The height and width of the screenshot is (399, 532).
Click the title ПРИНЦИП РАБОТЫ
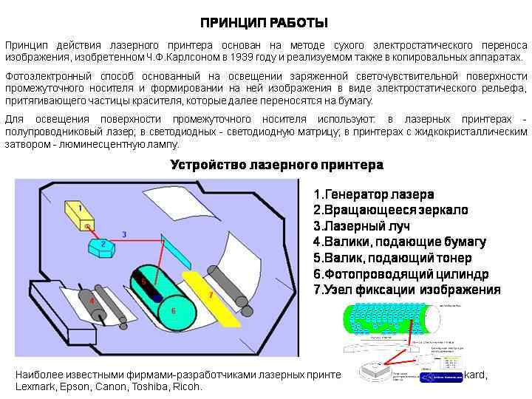pos(264,23)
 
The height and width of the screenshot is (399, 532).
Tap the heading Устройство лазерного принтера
pos(276,165)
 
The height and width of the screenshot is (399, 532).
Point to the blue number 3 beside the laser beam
pos(124,234)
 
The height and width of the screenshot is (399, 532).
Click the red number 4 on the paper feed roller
pos(92,301)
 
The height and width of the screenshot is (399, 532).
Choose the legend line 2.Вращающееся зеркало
pos(390,210)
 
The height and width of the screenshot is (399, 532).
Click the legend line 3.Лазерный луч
pos(361,226)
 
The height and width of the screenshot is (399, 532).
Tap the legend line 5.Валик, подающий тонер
pos(392,258)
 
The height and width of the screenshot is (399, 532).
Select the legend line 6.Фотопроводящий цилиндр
pos(400,274)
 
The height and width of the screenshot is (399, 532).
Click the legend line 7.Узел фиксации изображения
pos(406,290)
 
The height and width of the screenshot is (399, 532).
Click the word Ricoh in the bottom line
pos(188,386)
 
